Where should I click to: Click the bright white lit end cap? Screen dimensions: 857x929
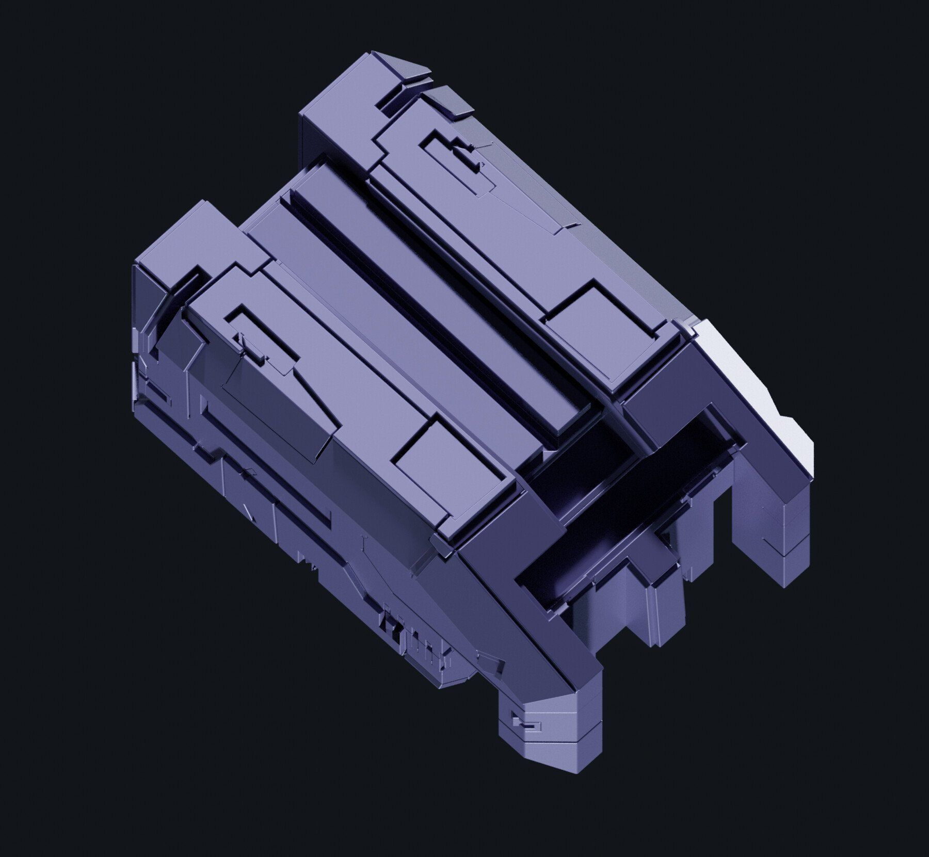pyautogui.click(x=754, y=392)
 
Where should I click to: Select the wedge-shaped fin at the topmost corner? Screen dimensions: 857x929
pyautogui.click(x=408, y=67)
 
